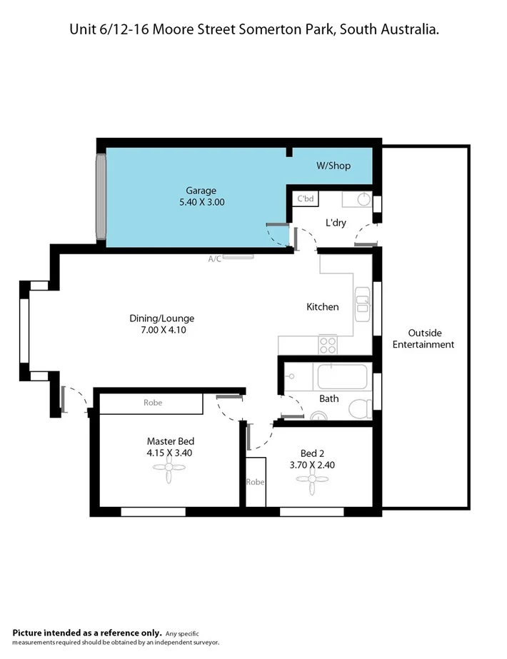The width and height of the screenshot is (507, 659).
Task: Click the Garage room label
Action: (201, 191)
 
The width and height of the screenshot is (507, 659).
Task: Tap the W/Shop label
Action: (333, 166)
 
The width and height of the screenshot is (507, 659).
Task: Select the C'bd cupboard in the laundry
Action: (306, 198)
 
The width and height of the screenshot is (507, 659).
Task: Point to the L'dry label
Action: (336, 223)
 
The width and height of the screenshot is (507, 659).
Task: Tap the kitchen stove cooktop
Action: (328, 345)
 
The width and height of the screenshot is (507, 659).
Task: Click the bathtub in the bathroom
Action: (343, 376)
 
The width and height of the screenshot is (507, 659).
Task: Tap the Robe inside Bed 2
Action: (256, 482)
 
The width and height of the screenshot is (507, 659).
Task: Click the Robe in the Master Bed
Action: (152, 403)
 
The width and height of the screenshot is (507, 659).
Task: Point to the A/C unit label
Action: (215, 259)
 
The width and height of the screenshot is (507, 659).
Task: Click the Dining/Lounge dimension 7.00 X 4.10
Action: (162, 330)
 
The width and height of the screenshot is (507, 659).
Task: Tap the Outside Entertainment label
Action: (431, 338)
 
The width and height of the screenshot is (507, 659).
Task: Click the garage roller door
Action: (101, 197)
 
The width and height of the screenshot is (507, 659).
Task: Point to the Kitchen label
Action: (322, 307)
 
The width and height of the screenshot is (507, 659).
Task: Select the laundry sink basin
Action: (363, 198)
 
